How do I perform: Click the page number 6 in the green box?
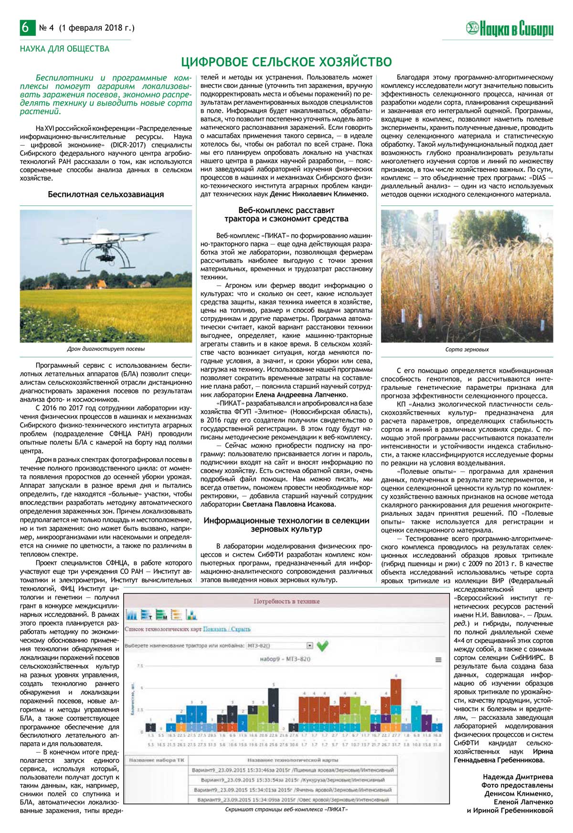tap(25, 28)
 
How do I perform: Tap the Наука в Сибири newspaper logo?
tap(509, 29)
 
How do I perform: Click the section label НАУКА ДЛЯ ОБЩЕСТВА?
tap(64, 49)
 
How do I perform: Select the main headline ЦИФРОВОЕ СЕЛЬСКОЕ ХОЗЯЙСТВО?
tap(286, 62)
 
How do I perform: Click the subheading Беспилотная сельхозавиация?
tap(106, 194)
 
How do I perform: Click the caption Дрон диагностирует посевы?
tap(106, 349)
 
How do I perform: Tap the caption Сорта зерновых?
tap(467, 350)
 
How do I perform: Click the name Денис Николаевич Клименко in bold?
tap(319, 194)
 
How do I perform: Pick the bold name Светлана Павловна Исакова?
tap(288, 504)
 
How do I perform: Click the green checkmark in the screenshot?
tap(322, 646)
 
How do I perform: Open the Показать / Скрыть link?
tap(226, 629)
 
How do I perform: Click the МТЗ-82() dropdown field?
tap(279, 646)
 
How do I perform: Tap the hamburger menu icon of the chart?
tap(438, 660)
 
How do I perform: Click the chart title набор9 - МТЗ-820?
tap(285, 659)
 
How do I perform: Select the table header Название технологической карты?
tap(292, 760)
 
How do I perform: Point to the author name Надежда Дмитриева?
tap(518, 777)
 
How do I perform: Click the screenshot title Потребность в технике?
tap(286, 601)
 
